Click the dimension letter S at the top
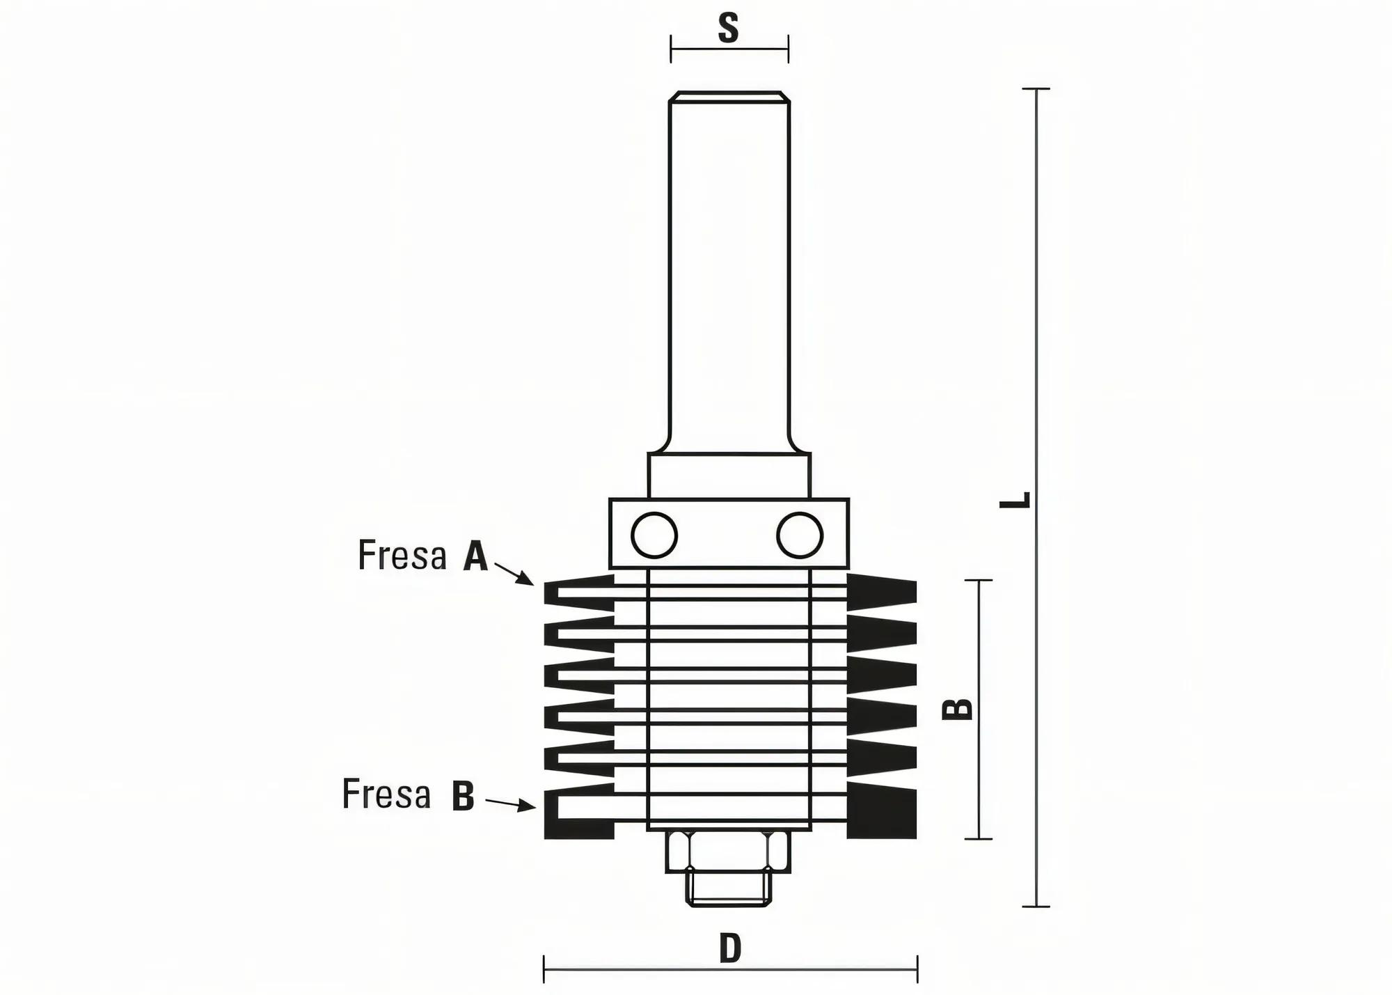coord(728,29)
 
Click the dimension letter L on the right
coord(1015,499)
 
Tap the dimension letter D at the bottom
coord(730,948)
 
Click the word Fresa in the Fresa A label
coord(402,556)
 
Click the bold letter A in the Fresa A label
coord(475,557)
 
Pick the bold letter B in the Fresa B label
coord(463,796)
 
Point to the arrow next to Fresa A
coord(515,574)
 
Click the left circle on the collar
coord(654,535)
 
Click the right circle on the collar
coord(800,535)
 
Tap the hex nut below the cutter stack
coord(728,851)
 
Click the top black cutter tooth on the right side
coord(881,590)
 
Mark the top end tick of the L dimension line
coord(1036,89)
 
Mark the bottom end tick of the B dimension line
coord(979,839)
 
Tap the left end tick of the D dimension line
coord(544,969)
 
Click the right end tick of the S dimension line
coord(788,49)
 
